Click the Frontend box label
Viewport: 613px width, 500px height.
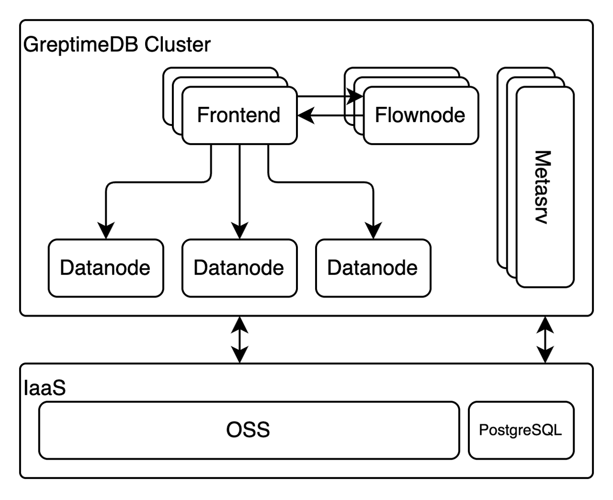(x=238, y=115)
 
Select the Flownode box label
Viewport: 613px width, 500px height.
(x=420, y=115)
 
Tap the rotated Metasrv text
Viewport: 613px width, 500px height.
(x=543, y=187)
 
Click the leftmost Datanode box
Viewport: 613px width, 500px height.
(x=105, y=268)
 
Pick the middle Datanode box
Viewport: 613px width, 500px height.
(x=239, y=268)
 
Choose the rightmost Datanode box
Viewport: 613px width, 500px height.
(x=373, y=268)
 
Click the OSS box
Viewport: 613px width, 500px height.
(x=248, y=430)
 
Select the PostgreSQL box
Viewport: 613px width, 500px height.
(x=521, y=430)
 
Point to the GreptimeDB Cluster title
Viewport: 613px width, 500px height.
(x=117, y=45)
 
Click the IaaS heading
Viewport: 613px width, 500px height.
(x=44, y=388)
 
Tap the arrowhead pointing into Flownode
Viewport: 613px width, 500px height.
(x=356, y=96)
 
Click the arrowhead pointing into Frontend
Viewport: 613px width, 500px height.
(x=305, y=115)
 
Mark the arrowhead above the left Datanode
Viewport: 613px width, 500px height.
(x=105, y=231)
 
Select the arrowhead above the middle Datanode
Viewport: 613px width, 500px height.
(x=239, y=231)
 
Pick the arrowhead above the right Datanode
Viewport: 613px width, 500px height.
(x=373, y=231)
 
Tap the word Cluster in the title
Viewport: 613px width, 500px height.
(x=178, y=45)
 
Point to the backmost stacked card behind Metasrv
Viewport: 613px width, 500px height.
(x=501, y=168)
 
